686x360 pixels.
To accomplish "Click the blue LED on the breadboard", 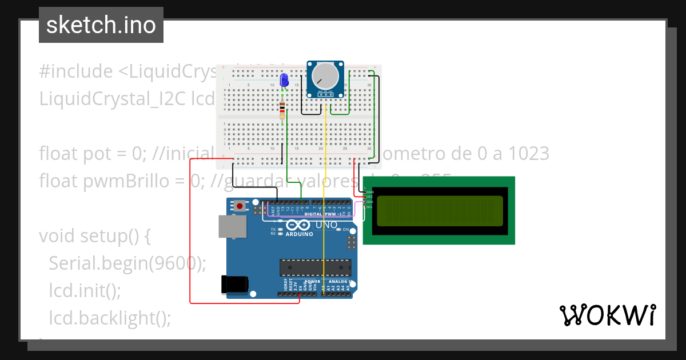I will click(284, 81).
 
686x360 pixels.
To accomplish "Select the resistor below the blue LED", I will click(282, 110).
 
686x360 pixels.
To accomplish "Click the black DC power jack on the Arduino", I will click(235, 285).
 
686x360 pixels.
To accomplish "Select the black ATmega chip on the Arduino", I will click(315, 267).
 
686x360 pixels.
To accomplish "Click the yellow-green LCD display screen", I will click(440, 210).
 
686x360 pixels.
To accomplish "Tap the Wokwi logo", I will click(608, 315).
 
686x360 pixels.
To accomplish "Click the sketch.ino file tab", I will click(101, 25).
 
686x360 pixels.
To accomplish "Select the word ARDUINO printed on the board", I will click(299, 234).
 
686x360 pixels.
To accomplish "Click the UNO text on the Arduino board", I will click(326, 225).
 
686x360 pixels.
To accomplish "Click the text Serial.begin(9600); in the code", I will click(127, 263).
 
